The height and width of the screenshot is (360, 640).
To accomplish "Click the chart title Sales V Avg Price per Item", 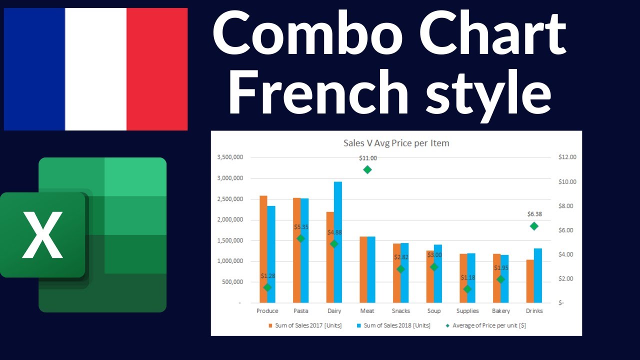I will coord(396,143).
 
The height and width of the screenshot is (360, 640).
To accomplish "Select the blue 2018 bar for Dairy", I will coord(338,242).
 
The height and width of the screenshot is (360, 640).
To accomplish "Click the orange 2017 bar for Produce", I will coord(263,249).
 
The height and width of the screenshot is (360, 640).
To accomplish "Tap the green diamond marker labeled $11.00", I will coord(367,169).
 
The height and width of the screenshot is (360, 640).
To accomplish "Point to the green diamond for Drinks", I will coord(534,226).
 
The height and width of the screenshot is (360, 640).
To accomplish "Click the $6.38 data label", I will coord(534,214).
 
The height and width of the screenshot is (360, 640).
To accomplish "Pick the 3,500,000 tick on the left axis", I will coord(230,157).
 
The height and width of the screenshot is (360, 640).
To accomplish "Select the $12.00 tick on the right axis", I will coord(567,157).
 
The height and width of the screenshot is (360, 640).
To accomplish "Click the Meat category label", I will coord(367,311).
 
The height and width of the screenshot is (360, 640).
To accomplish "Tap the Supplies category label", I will coord(467,311).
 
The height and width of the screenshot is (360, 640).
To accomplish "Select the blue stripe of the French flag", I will coord(34,69).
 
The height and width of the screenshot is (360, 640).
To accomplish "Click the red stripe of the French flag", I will coord(157,69).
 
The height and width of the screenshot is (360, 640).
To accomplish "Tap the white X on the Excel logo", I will coord(42,234).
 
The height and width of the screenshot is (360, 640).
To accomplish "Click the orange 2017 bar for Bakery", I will coord(496,278).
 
